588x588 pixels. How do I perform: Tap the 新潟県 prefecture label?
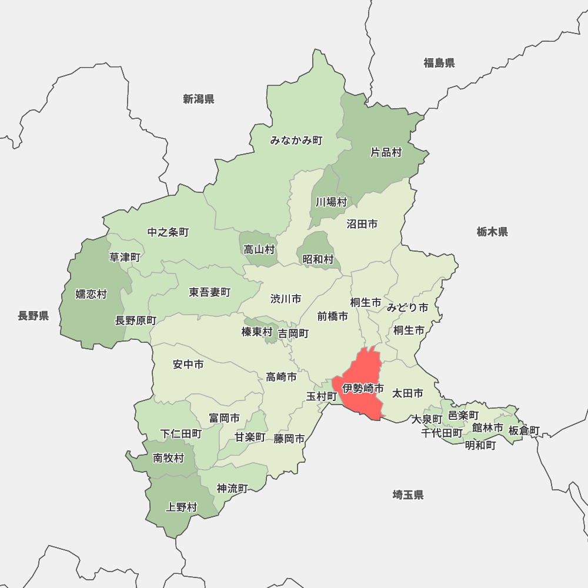[x=198, y=99]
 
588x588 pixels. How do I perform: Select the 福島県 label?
[x=439, y=63]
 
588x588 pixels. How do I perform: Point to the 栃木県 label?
[x=492, y=232]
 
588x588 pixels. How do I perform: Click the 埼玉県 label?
[x=408, y=495]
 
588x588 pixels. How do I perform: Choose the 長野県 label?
[x=33, y=316]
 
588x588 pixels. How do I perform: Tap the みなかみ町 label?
[x=296, y=141]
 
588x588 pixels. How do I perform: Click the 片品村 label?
[x=386, y=152]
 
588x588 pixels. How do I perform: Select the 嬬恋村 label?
[x=91, y=294]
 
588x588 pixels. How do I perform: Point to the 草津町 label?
[x=125, y=257]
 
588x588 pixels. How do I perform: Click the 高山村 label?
[x=259, y=249]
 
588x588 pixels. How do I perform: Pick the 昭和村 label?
[x=318, y=259]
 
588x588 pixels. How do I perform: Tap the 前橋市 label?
[x=333, y=316]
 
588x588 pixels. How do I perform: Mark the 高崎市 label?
[x=281, y=377]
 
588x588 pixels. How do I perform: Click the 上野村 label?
[x=182, y=507]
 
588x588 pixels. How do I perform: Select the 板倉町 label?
[x=524, y=430]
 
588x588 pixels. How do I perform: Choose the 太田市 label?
[x=407, y=392]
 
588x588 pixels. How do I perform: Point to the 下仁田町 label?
[x=181, y=434]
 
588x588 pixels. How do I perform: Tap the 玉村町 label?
[x=322, y=396]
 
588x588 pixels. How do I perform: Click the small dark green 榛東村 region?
[x=271, y=338]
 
